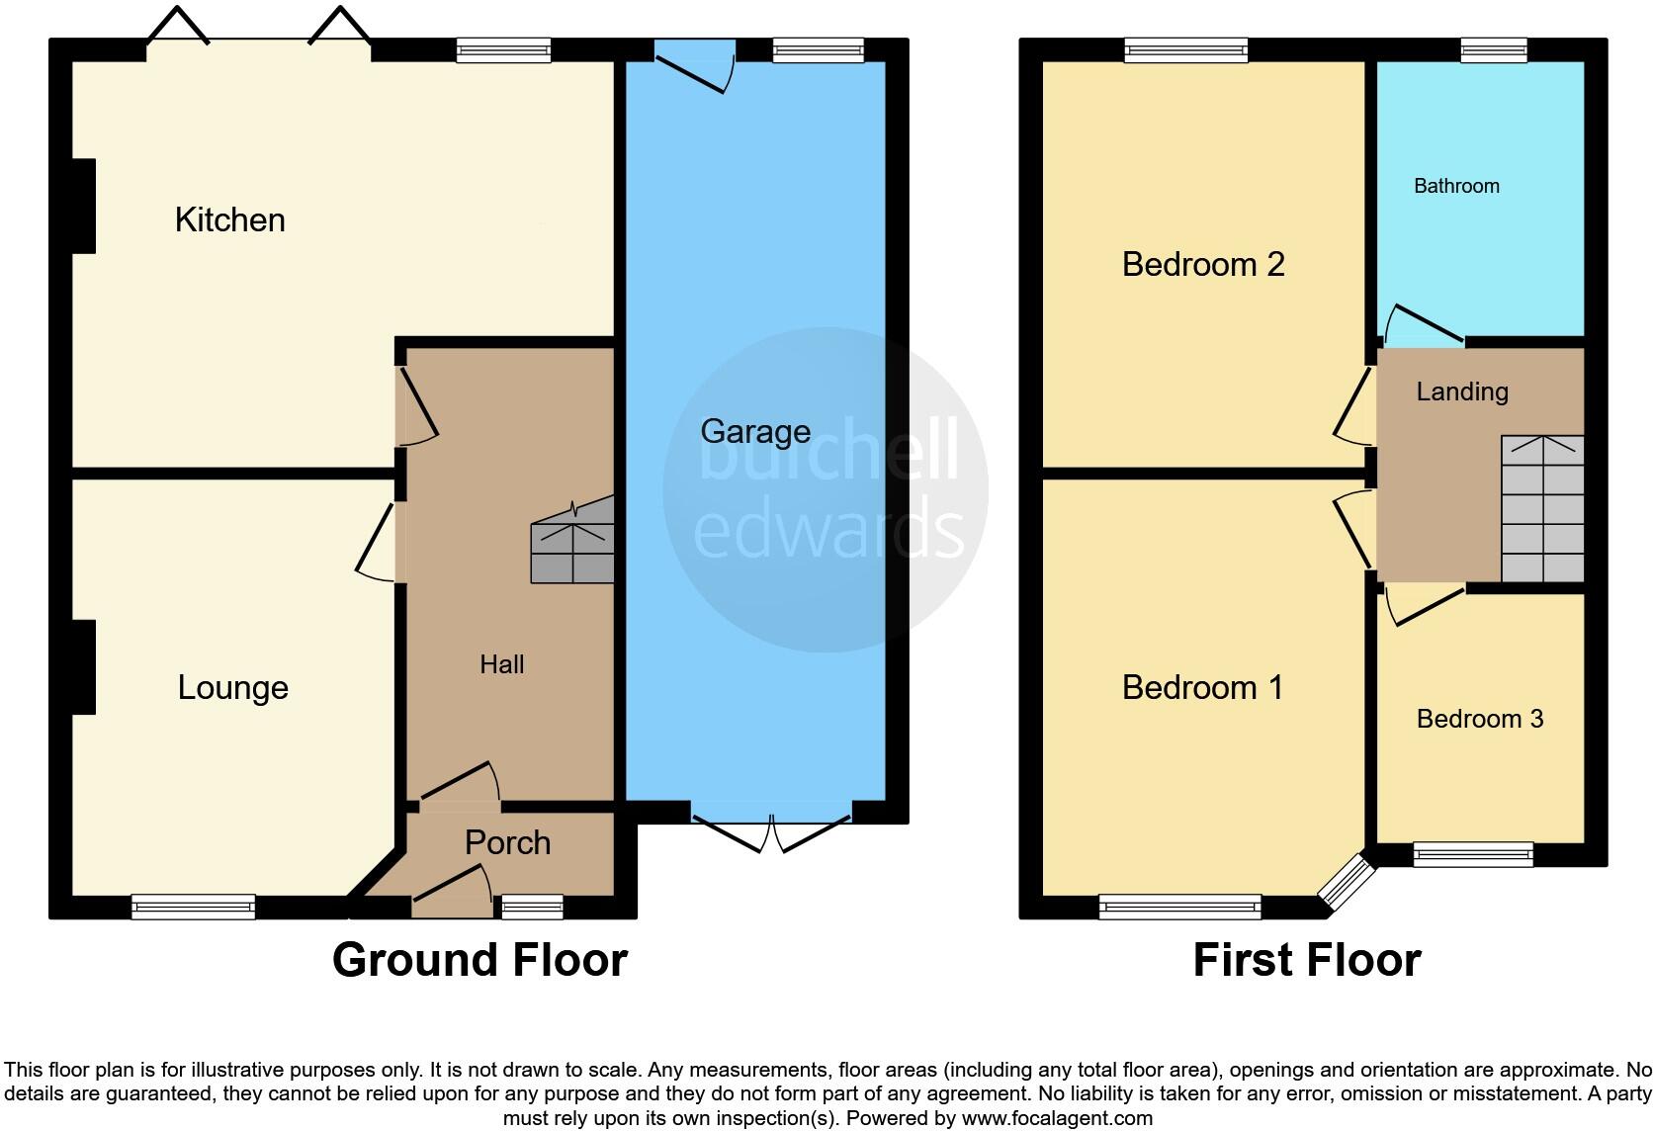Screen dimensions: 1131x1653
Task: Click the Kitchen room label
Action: click(229, 219)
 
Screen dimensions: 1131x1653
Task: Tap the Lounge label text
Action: click(232, 687)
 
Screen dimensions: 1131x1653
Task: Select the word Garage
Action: click(755, 431)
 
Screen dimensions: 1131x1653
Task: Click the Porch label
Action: click(507, 842)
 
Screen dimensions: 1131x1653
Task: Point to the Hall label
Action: click(501, 664)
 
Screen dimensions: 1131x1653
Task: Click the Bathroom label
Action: click(1456, 186)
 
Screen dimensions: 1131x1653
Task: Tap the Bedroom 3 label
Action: click(1479, 719)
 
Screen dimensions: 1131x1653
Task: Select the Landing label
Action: click(1461, 391)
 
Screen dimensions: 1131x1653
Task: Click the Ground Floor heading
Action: click(479, 960)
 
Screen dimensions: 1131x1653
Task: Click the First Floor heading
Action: click(1306, 960)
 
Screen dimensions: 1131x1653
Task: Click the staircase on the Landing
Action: click(1542, 509)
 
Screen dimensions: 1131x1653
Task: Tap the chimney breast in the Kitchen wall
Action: click(83, 206)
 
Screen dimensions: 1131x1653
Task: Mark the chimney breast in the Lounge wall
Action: click(83, 666)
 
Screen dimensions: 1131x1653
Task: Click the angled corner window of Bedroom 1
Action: click(1348, 883)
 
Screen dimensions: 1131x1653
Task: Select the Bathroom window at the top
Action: click(1493, 49)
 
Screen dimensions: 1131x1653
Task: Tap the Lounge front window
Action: click(193, 906)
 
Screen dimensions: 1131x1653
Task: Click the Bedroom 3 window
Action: click(1472, 854)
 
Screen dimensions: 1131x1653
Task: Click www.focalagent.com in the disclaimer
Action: click(1057, 1119)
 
